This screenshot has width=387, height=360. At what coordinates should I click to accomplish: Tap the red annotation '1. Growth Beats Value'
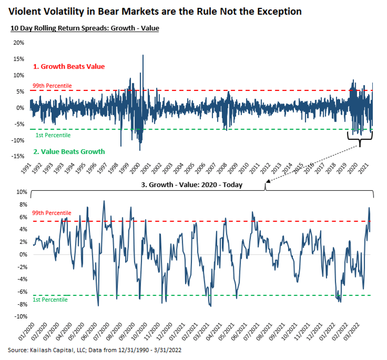pos(69,67)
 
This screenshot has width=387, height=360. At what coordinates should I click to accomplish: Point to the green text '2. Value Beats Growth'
pos(69,152)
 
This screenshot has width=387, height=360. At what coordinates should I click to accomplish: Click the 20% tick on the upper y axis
pos(19,43)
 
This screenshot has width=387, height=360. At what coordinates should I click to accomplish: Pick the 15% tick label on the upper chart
pos(19,59)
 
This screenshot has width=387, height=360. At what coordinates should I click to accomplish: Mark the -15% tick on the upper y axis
pos(18,156)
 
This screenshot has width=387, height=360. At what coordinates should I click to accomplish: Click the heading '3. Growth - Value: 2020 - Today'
pos(192,185)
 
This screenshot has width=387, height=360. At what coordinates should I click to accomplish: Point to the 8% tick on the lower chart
pos(24,205)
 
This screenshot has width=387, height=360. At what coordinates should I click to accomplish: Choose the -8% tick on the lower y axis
pos(22,304)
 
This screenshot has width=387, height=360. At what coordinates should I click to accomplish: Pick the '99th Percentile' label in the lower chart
pos(52,213)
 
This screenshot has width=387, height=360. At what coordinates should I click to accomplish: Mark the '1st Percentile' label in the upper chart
pos(53,135)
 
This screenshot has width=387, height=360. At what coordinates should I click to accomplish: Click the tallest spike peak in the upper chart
pos(143,55)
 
